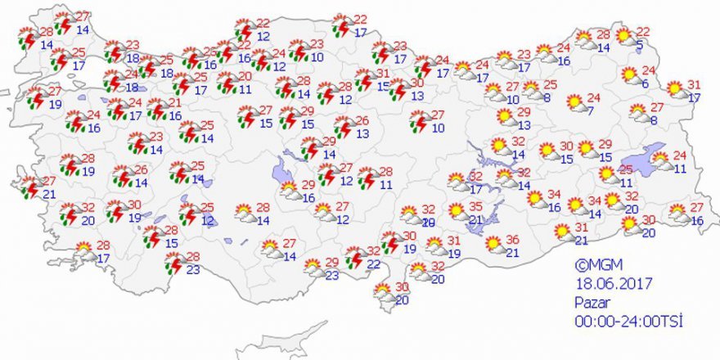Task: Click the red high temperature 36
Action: [x=513, y=240]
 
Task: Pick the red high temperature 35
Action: [x=475, y=207]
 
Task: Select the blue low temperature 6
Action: [x=646, y=84]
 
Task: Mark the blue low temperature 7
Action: [x=591, y=111]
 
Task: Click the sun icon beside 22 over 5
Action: [x=624, y=36]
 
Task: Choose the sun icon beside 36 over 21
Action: [x=493, y=244]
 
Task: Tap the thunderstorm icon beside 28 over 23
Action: [x=173, y=263]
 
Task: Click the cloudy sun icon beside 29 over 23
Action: [x=312, y=267]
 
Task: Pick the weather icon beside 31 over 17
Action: [x=675, y=88]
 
